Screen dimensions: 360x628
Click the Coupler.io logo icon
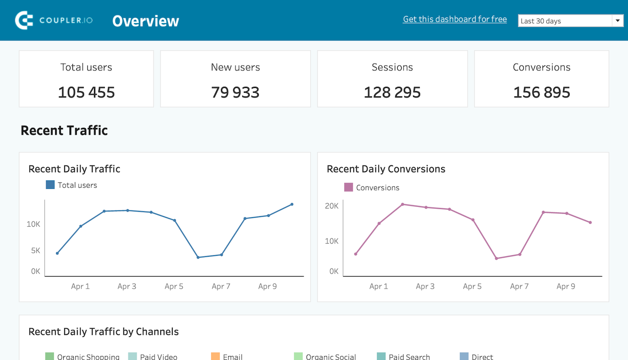pyautogui.click(x=24, y=20)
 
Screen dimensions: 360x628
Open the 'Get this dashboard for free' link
pyautogui.click(x=455, y=19)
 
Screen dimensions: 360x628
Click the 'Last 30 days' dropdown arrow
pyautogui.click(x=617, y=21)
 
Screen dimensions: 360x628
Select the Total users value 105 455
pyautogui.click(x=86, y=92)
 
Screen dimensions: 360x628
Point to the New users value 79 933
pyautogui.click(x=235, y=92)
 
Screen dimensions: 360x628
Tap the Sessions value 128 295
pyautogui.click(x=392, y=92)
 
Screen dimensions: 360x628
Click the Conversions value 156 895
pyautogui.click(x=541, y=92)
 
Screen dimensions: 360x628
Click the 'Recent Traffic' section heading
pyautogui.click(x=64, y=130)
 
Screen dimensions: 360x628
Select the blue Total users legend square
pyautogui.click(x=50, y=185)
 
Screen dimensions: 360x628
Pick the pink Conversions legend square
pyautogui.click(x=349, y=187)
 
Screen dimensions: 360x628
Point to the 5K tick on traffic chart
pyautogui.click(x=36, y=250)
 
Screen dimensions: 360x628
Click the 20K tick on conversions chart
pyautogui.click(x=332, y=206)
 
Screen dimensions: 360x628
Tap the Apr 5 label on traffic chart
pyautogui.click(x=174, y=286)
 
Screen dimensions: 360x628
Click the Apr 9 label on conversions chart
pyautogui.click(x=566, y=286)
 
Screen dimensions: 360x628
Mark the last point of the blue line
pyautogui.click(x=292, y=205)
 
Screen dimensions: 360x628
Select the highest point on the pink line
pyautogui.click(x=402, y=205)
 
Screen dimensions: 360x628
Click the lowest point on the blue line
pyautogui.click(x=198, y=257)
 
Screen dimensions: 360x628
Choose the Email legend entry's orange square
pyautogui.click(x=215, y=357)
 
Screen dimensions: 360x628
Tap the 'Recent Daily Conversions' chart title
pyautogui.click(x=386, y=169)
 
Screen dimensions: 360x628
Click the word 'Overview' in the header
pyautogui.click(x=145, y=21)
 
